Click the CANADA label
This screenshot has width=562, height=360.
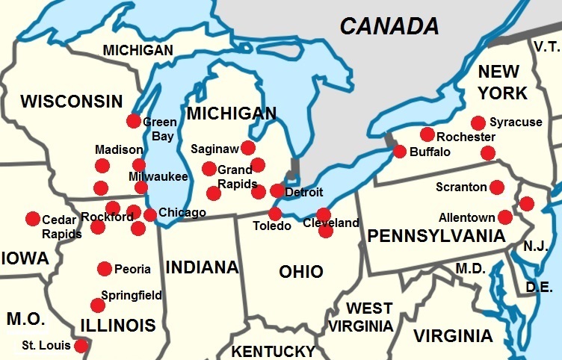(389, 26)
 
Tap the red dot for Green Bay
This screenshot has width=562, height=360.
(134, 120)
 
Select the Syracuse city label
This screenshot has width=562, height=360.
(516, 122)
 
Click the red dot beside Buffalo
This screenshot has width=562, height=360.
(400, 152)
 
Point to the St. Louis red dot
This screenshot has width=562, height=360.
(81, 346)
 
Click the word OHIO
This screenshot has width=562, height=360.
(301, 271)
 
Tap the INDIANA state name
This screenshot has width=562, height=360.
(202, 267)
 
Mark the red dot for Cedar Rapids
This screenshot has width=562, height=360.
(33, 219)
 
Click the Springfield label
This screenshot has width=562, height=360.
(132, 295)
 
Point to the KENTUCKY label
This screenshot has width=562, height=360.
(273, 351)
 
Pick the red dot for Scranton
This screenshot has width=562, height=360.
(496, 187)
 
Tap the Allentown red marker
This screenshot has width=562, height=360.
(505, 217)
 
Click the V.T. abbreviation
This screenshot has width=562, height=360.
(546, 47)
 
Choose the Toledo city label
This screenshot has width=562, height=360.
(271, 226)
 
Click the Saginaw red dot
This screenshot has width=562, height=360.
(248, 148)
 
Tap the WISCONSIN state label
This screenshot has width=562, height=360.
(72, 102)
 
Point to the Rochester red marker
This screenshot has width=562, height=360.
(427, 134)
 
